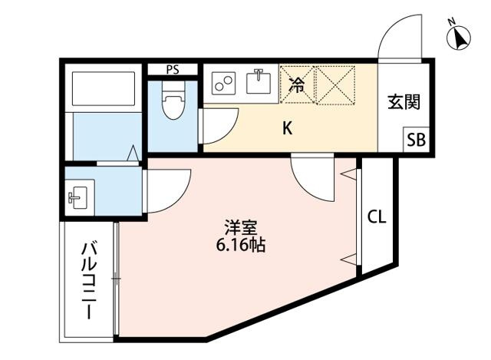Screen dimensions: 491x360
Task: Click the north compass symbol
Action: coord(459,36)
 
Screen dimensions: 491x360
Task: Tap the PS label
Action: coord(173,70)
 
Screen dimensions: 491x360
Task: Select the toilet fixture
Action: coord(174,101)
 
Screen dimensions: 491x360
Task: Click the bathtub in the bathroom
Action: coord(104,89)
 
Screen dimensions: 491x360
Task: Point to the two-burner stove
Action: coord(223,84)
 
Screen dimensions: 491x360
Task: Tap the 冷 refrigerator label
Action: coord(296,85)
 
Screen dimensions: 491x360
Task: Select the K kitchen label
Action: coord(288,128)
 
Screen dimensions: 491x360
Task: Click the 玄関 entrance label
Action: coord(404,102)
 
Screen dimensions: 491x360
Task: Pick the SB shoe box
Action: coord(416,140)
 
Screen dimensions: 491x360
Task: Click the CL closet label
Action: coord(377,216)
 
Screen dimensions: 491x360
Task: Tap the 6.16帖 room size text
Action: coord(241,246)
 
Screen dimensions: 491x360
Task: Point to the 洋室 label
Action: coord(241,228)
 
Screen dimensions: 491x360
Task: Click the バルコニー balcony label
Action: coord(89,279)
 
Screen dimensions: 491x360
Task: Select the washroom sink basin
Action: coord(78,197)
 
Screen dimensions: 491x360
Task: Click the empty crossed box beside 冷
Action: coord(336,84)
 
